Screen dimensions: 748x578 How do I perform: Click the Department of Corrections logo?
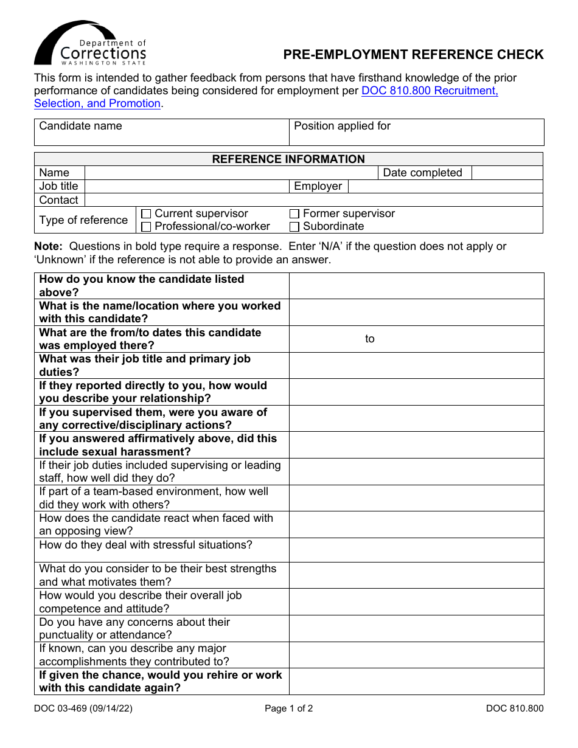[90, 44]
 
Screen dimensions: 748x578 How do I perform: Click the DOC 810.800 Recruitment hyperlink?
[430, 91]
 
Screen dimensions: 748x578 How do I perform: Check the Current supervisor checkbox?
[146, 214]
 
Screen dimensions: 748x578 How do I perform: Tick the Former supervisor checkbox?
[294, 214]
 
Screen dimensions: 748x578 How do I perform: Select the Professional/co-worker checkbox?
[146, 227]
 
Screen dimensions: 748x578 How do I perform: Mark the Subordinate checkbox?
[294, 227]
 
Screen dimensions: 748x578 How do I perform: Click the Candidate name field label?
[80, 126]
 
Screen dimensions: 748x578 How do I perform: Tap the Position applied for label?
[342, 126]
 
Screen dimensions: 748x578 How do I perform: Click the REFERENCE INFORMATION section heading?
[288, 159]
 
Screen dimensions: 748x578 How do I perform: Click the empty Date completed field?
[507, 173]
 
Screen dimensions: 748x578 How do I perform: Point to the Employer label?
[318, 186]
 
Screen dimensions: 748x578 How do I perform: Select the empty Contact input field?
[313, 200]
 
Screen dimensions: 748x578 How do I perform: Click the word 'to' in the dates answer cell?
[370, 339]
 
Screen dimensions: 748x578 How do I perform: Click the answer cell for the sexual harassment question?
[416, 445]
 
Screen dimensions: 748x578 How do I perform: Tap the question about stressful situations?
[146, 545]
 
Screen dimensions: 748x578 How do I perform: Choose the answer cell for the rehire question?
[416, 682]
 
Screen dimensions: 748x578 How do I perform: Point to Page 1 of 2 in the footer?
[288, 708]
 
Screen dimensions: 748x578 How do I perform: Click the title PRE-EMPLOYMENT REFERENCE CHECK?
[413, 55]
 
